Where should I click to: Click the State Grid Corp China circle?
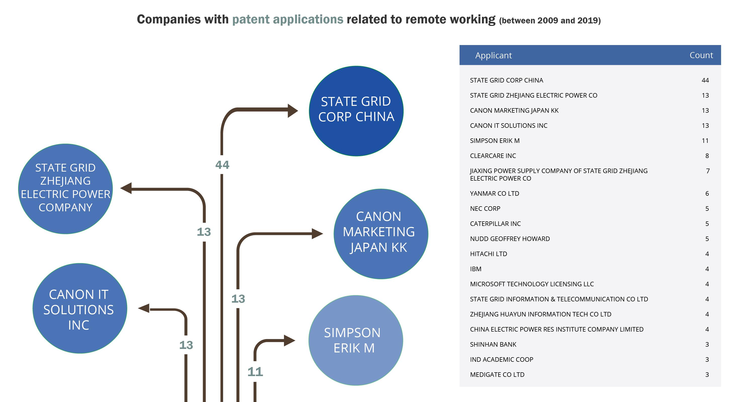click(356, 111)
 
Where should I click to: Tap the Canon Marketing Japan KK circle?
click(381, 234)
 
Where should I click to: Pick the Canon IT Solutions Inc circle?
click(80, 308)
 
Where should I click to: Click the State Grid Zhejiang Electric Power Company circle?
click(65, 189)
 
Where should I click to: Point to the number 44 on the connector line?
click(222, 165)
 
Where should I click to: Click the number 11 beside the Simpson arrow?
click(255, 372)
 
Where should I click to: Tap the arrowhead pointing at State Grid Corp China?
click(293, 111)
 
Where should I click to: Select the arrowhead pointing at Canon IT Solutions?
click(144, 309)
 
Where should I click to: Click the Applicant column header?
click(493, 55)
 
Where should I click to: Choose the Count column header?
click(701, 55)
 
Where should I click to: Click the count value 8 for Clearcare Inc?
click(707, 156)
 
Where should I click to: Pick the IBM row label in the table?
click(475, 269)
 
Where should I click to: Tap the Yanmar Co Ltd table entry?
click(495, 193)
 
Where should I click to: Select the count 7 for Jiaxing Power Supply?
click(708, 171)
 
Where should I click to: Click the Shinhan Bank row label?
click(493, 344)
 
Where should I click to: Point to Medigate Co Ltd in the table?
click(497, 374)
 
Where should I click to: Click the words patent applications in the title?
click(287, 20)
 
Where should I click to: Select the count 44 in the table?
click(705, 80)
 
